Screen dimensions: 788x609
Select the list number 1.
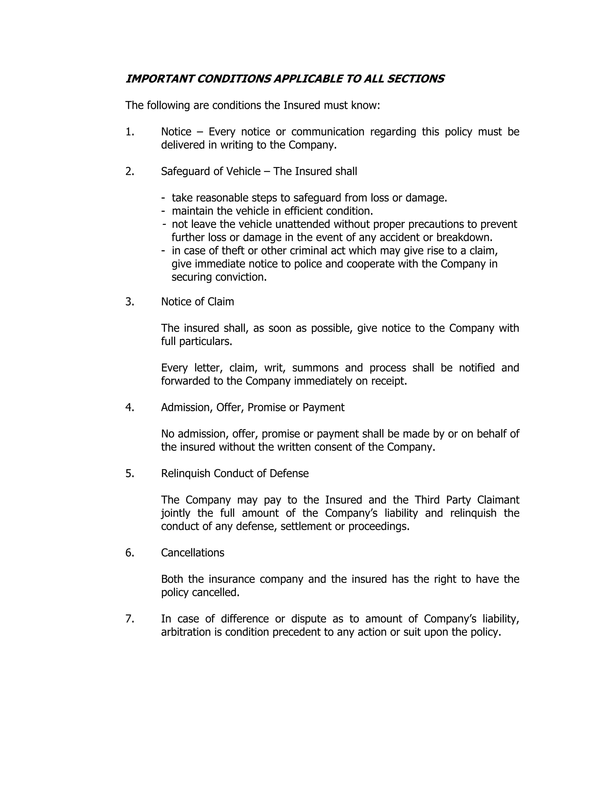130,132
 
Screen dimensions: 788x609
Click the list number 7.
130,619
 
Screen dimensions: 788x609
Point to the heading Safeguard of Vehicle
211,171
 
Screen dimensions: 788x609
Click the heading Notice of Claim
197,302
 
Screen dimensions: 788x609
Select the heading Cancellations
193,553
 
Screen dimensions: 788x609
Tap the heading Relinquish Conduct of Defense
235,473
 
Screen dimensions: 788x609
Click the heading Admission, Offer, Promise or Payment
252,407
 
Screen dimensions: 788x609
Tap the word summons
315,368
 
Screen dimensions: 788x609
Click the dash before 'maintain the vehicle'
164,211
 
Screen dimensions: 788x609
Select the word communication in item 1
328,132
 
